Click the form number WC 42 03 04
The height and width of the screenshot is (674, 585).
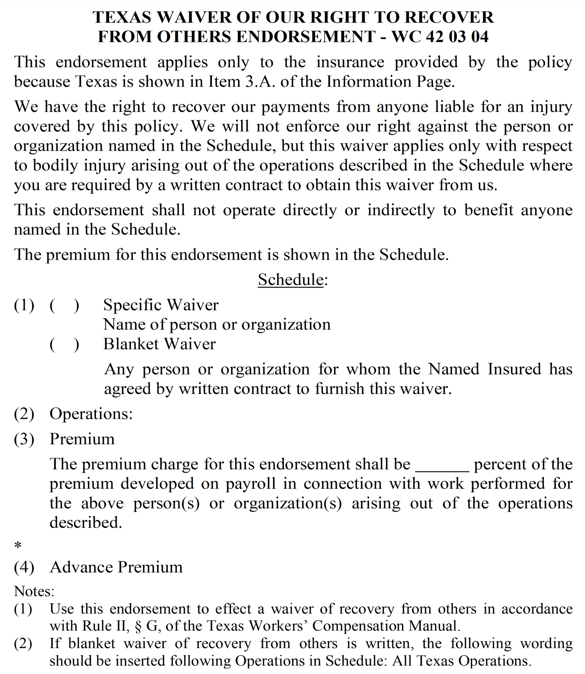[x=440, y=36]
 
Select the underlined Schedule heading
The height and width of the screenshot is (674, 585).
[x=290, y=280]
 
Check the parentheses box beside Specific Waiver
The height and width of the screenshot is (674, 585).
[x=64, y=305]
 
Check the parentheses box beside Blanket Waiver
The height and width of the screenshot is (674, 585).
[x=64, y=344]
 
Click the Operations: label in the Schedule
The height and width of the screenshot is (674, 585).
[x=91, y=414]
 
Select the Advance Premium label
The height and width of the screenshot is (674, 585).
[x=116, y=567]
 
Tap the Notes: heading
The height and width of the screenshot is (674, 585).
[x=34, y=591]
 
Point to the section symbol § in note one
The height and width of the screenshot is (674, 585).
[x=138, y=626]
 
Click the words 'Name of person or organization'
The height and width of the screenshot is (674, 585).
[x=217, y=325]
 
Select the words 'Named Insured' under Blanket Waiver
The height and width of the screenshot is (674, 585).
[x=484, y=369]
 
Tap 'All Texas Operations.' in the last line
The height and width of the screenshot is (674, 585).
[x=461, y=660]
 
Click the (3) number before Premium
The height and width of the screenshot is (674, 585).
[x=24, y=439]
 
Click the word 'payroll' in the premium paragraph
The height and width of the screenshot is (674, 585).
[x=251, y=484]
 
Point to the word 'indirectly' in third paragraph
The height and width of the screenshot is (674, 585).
[x=400, y=210]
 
